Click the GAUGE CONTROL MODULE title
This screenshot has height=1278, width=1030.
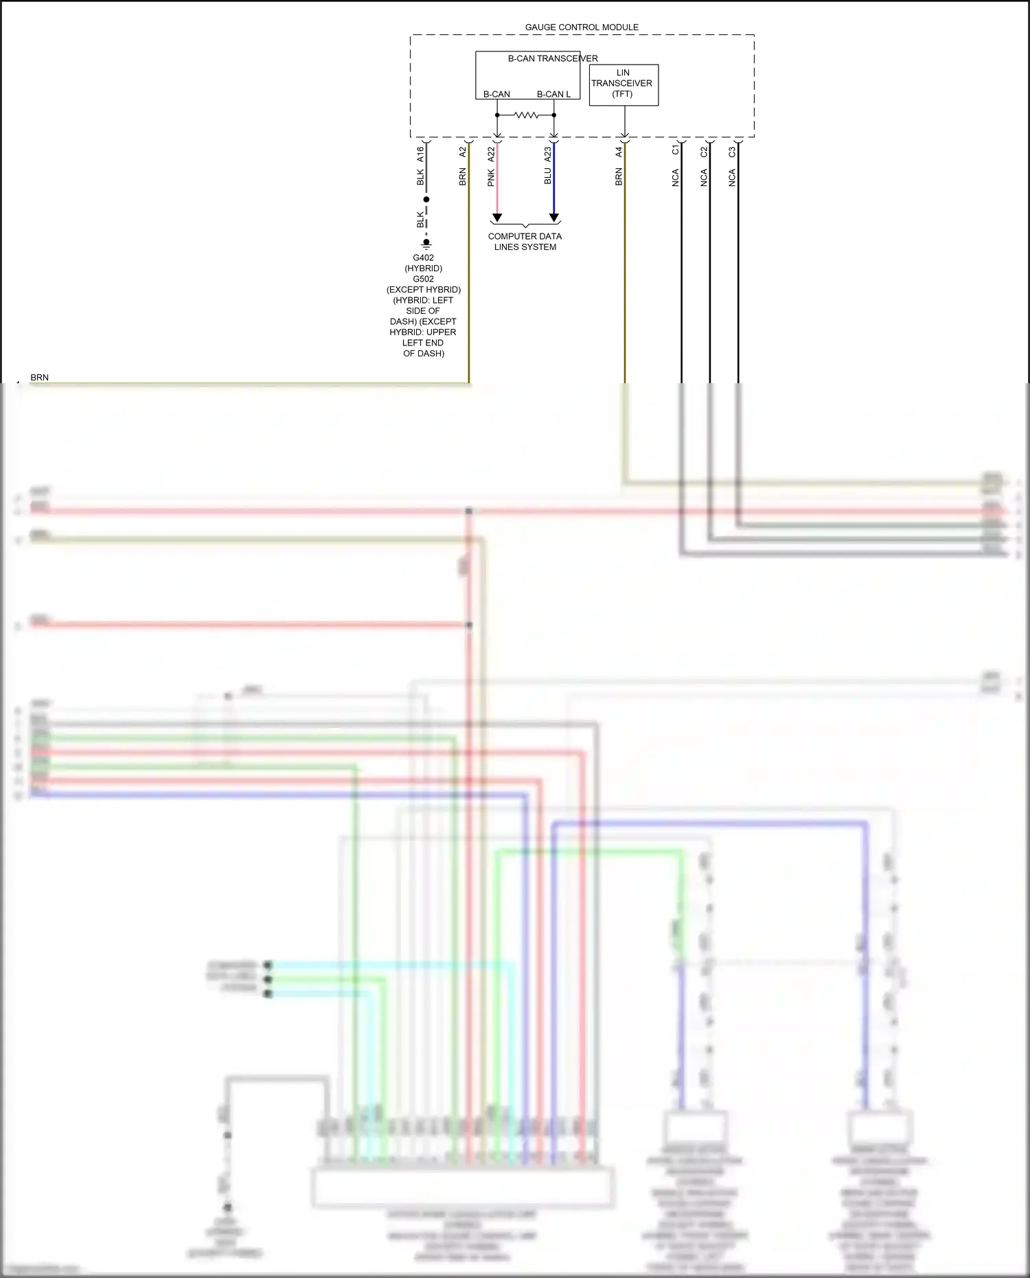[x=582, y=27]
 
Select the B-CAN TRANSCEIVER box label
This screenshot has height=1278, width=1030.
[x=552, y=58]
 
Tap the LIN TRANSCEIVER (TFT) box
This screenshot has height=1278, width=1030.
[x=623, y=84]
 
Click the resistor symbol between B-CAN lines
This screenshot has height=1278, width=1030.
[x=526, y=115]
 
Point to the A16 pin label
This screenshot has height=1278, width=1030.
[x=420, y=155]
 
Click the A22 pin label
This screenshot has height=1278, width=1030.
[x=491, y=155]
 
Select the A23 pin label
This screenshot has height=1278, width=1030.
[x=548, y=155]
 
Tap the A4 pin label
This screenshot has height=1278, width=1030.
[x=619, y=152]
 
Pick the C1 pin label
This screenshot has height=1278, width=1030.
[x=676, y=150]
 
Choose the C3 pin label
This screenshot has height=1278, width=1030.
[x=732, y=150]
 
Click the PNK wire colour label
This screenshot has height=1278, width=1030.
[x=491, y=179]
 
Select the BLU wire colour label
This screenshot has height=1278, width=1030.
[x=548, y=176]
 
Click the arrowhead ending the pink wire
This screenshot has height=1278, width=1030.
[x=497, y=218]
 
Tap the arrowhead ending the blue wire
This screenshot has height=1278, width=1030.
[x=554, y=218]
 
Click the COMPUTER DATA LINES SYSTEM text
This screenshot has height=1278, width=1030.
[x=525, y=242]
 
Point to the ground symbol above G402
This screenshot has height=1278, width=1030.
[x=426, y=243]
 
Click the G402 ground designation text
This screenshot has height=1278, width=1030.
[x=424, y=258]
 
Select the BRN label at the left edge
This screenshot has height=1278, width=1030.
[x=40, y=378]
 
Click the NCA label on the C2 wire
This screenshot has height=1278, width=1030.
[x=704, y=178]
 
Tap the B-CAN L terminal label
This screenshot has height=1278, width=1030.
[x=553, y=94]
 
